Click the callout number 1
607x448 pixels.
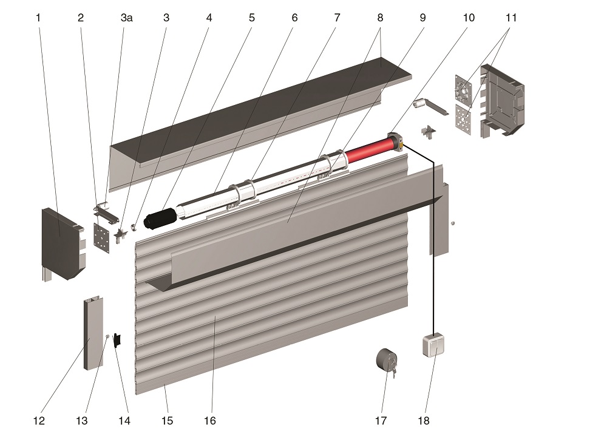tap(38, 18)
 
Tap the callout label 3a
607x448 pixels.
tap(126, 18)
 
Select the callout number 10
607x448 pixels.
tap(469, 18)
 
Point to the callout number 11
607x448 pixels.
tap(511, 18)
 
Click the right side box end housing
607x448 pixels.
tap(503, 100)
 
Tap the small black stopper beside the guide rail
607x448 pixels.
tap(118, 340)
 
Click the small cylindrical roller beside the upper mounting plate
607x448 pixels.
tap(419, 104)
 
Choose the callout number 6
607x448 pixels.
tap(295, 18)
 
